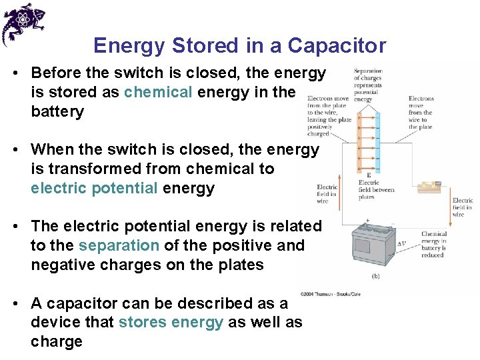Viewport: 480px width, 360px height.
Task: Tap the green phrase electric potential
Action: click(94, 188)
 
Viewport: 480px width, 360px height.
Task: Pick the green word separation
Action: click(118, 245)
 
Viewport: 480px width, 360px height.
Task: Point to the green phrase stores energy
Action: click(171, 323)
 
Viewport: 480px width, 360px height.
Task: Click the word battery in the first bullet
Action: click(57, 111)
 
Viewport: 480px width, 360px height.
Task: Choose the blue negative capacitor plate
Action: click(377, 141)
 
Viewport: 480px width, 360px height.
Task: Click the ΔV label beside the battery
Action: click(401, 245)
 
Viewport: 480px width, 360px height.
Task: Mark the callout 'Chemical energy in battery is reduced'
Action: click(434, 245)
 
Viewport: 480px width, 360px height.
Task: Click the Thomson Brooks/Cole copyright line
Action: click(330, 293)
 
